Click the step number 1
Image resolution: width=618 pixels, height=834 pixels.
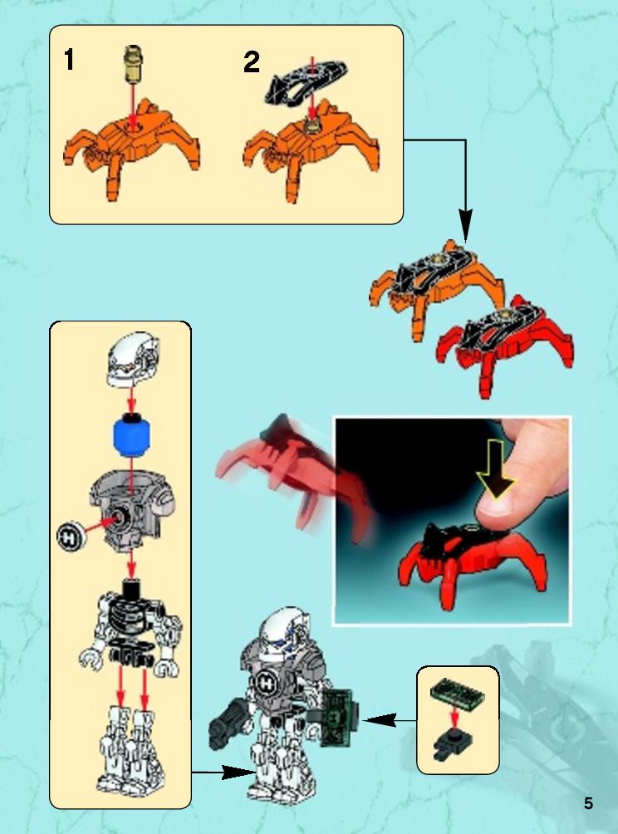(69, 60)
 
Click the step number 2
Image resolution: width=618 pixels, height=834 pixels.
(252, 63)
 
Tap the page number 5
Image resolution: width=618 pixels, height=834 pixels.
(588, 803)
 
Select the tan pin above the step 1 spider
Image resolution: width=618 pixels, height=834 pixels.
(134, 64)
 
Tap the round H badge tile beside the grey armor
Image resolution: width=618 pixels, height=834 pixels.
(71, 535)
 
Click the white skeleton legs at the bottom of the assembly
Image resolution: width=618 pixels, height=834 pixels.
(131, 750)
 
